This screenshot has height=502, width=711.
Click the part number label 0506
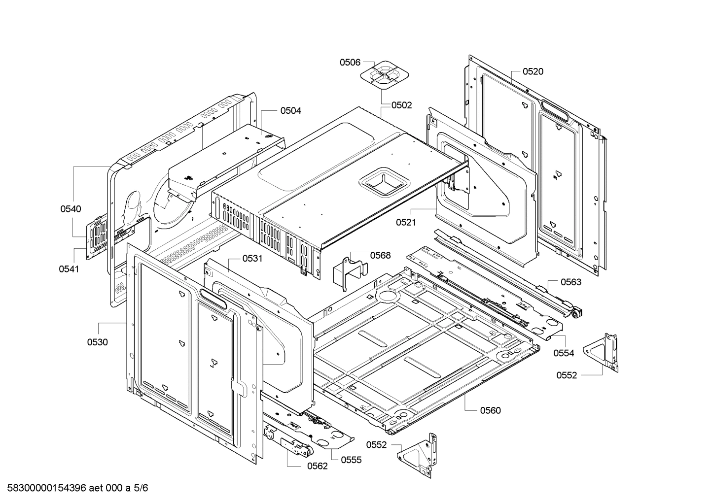point(350,62)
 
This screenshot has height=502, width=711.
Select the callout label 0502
point(401,105)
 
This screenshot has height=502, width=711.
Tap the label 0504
point(290,111)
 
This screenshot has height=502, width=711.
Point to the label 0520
point(533,71)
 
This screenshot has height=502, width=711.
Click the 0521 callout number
point(406,222)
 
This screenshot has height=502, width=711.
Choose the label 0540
point(71,209)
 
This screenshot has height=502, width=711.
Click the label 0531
point(252,259)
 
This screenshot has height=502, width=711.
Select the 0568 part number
point(380,255)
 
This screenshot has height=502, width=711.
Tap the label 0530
point(97,342)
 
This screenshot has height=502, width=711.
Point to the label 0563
point(570,282)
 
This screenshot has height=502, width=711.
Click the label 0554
point(564,353)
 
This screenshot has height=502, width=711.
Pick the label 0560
point(490,410)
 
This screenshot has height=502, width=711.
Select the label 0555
point(351,460)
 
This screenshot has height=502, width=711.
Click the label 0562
point(317,466)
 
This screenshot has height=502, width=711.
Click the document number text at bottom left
point(74,488)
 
